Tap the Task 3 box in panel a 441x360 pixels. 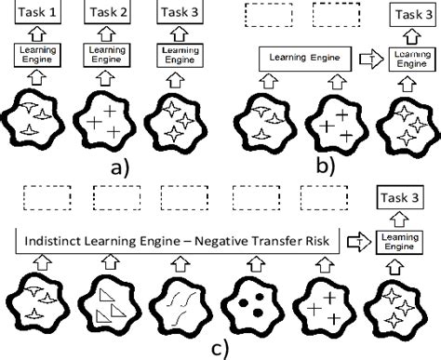(x=180, y=12)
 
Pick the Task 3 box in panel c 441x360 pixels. (x=400, y=198)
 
